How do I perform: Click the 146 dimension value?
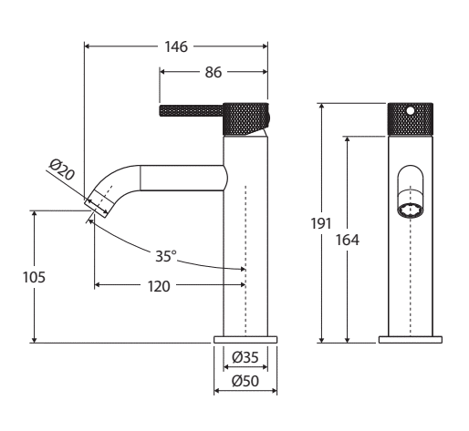click(176, 46)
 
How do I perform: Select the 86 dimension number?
click(214, 72)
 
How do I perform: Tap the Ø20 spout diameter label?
click(62, 169)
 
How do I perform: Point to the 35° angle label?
click(166, 256)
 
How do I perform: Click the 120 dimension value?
click(159, 286)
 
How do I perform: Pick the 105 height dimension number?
click(34, 277)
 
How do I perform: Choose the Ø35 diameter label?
click(245, 357)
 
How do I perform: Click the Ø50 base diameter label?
click(245, 381)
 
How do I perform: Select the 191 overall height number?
click(321, 224)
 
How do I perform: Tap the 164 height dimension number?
click(348, 240)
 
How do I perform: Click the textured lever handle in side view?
click(191, 110)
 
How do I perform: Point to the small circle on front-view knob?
click(411, 110)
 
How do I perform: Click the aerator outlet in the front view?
click(411, 210)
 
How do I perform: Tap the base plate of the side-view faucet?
click(245, 340)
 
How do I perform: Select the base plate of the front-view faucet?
click(411, 340)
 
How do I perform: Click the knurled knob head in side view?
click(245, 118)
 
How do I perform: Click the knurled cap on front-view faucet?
click(411, 118)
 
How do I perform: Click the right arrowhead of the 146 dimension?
click(265, 46)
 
